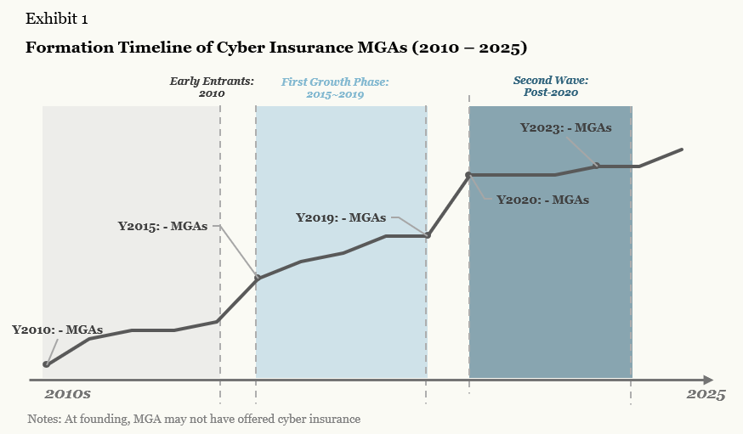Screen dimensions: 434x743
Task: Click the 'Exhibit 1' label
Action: (57, 19)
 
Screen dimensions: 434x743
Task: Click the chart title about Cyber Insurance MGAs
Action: (276, 47)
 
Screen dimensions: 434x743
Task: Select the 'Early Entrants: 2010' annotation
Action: (211, 87)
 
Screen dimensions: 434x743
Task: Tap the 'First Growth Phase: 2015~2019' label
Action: (335, 87)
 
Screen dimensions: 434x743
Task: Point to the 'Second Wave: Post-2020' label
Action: (550, 86)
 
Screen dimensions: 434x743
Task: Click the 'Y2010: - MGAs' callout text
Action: (57, 330)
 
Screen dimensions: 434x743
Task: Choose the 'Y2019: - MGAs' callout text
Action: (340, 217)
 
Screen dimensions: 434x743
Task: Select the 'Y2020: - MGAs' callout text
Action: (542, 200)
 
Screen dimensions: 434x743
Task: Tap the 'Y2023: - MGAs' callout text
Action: (565, 128)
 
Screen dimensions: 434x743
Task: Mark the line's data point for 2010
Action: (46, 364)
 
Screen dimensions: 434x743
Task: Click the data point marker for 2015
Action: (257, 278)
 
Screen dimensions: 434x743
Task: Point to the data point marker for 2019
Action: (427, 235)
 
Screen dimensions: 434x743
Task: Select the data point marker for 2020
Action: (468, 175)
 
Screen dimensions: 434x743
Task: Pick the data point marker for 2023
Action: (597, 166)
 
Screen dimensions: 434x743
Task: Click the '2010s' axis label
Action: (67, 395)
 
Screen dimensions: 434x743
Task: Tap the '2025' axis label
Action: (706, 395)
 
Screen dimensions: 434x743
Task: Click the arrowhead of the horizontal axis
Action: (708, 379)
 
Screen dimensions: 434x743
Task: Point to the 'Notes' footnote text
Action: (194, 419)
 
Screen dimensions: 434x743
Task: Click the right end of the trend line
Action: (682, 149)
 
